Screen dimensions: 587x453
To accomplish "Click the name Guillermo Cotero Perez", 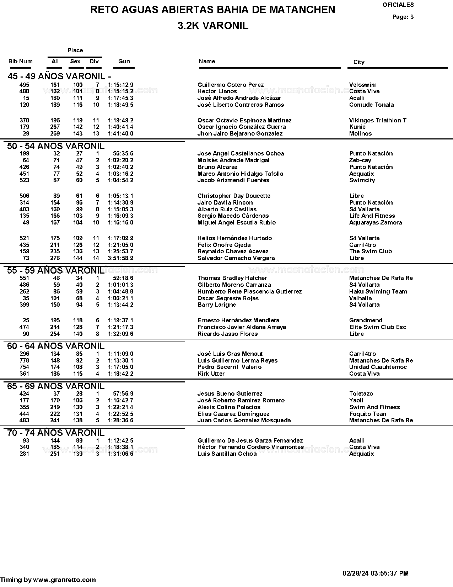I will pos(231,85).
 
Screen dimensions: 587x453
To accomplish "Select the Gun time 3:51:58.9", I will pos(121,258).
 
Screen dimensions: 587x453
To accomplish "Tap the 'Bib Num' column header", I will pos(20,61).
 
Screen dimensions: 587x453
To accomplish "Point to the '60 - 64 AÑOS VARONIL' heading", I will pos(56,346).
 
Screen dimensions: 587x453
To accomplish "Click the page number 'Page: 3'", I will pos(403,17).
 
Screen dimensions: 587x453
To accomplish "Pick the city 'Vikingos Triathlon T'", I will pos(378,120).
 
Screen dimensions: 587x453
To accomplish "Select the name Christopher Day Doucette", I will pos(234,196).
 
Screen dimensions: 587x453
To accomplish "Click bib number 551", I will pos(24,278).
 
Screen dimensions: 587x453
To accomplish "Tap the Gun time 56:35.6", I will pos(123,153).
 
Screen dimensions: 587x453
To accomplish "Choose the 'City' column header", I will pos(359,62).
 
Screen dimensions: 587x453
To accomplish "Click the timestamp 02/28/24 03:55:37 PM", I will pos(375,573).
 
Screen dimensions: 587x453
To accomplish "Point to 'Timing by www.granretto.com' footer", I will pos(48,580).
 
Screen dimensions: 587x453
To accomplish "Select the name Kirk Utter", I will pos(211,374).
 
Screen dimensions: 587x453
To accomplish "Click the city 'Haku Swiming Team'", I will pos(378,291).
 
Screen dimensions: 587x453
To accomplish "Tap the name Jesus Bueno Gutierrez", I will pos(230,393).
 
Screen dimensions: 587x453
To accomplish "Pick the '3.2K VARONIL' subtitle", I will pos(213,26).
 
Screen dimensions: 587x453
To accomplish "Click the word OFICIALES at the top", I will pos(398,5).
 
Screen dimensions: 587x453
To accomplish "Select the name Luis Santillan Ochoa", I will pos(227,454).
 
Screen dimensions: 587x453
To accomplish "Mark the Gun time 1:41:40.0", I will pos(121,133).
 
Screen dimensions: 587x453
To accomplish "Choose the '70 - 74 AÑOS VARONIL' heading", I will pos(56,433).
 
